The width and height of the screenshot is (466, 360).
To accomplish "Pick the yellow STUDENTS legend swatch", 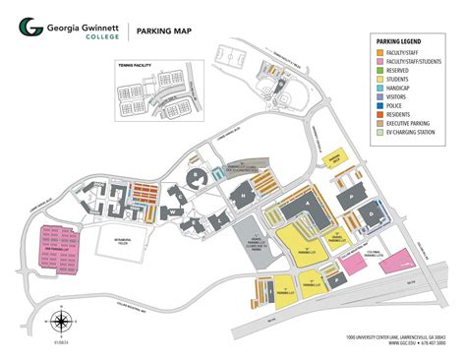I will point(379,79).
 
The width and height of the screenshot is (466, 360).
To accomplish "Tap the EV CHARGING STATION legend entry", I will point(413,134).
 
